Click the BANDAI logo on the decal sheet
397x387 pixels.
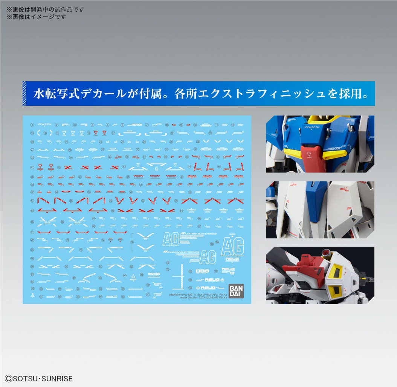coord(236,290)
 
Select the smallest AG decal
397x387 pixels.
coord(208,257)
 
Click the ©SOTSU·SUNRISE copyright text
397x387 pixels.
coord(38,378)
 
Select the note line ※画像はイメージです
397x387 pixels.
coord(36,17)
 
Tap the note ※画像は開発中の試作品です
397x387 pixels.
coord(45,9)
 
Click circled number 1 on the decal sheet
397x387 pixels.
coord(32,125)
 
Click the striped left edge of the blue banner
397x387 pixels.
coord(25,94)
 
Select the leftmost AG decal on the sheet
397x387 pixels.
coord(169,239)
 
